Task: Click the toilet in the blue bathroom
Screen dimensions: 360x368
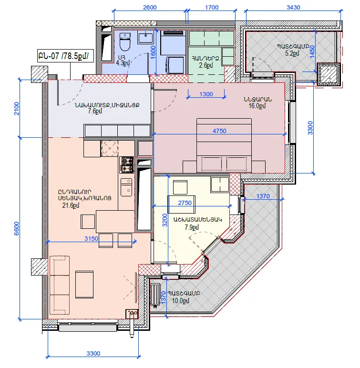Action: tap(125, 42)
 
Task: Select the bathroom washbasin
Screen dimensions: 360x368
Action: tap(145, 38)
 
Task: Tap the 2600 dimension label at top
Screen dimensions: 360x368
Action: tap(150, 7)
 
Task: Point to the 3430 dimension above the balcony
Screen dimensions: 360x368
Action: tap(293, 7)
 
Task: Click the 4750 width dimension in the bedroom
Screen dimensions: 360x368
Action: tap(219, 131)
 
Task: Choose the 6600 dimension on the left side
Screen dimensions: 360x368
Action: tap(16, 228)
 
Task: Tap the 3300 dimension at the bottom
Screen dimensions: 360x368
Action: tap(93, 353)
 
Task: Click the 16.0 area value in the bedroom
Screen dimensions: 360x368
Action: tap(257, 106)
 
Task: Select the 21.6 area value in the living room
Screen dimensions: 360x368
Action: tap(71, 205)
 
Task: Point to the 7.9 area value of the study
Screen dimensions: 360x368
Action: tap(192, 227)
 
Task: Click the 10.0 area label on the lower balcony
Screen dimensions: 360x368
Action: tap(181, 301)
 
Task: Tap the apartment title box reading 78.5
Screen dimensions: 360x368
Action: tap(65, 56)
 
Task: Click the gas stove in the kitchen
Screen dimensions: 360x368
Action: tap(126, 165)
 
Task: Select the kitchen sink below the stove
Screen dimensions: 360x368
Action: tap(126, 187)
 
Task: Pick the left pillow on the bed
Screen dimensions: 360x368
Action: tap(212, 164)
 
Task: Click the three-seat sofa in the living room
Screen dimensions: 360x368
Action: tap(60, 285)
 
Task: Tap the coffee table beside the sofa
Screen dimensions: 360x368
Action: tap(84, 285)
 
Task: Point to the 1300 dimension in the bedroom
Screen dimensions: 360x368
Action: tap(206, 94)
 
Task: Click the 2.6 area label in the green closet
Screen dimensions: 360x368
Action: tap(206, 65)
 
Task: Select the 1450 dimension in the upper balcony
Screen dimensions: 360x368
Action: tap(312, 51)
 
